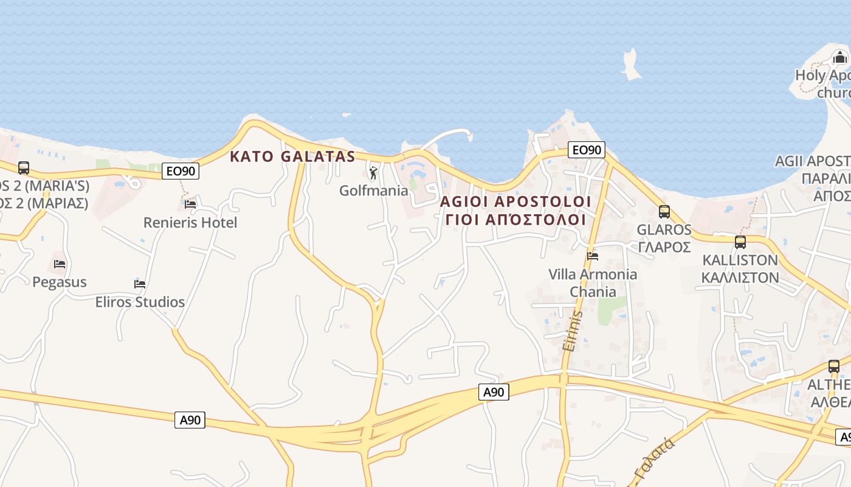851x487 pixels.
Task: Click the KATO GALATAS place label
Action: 292,156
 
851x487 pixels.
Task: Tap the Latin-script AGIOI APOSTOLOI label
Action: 515,201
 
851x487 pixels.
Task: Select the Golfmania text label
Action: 374,191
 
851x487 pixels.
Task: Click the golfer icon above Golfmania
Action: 373,173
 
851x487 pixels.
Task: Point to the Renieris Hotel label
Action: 190,223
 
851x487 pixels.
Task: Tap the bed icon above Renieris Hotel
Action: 190,205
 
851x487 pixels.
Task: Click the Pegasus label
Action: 60,282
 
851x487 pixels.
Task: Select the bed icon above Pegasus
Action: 59,264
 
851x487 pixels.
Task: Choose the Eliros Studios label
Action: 140,302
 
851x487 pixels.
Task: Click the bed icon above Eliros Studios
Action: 140,284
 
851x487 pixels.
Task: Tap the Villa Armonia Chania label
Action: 593,282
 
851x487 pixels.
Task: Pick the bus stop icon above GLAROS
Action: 664,212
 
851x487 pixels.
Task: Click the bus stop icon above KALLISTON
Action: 740,242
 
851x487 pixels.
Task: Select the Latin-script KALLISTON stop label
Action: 740,260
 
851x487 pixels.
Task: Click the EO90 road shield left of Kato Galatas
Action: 181,172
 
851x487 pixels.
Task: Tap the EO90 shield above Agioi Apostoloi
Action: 587,150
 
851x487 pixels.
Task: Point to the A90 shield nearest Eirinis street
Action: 494,393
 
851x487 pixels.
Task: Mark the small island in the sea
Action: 631,65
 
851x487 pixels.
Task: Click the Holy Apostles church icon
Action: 839,58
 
